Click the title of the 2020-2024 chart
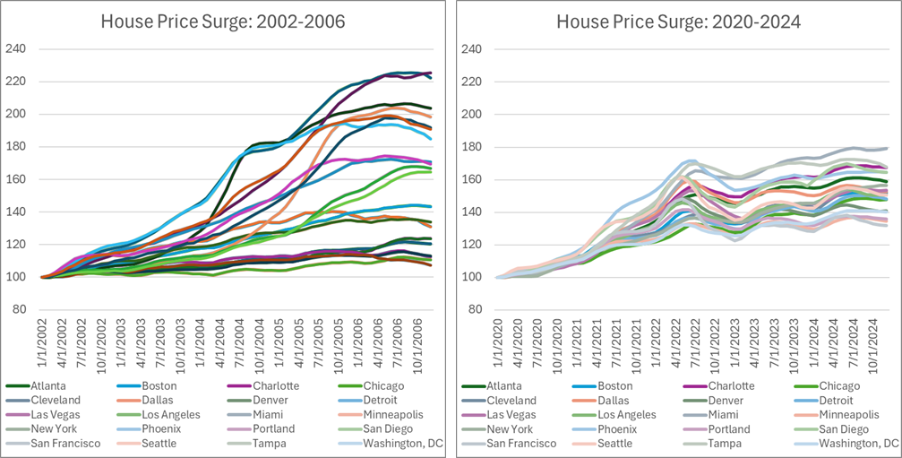tap(680, 21)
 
